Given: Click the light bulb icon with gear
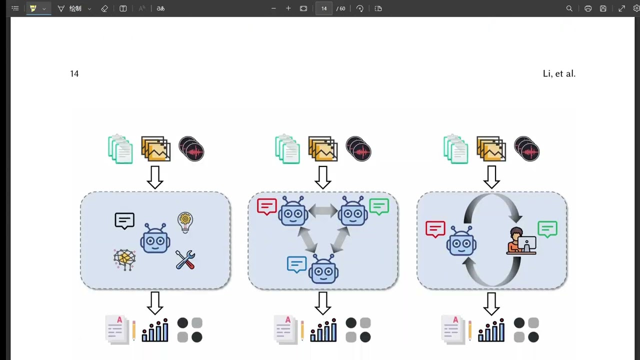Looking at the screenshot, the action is [x=185, y=222].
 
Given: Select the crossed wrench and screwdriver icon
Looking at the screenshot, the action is [x=185, y=259].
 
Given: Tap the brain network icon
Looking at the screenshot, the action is [x=124, y=259].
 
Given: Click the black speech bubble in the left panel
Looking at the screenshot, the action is [x=124, y=220].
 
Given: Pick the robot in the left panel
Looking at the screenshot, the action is [x=155, y=238].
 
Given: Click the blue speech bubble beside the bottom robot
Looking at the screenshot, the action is [x=297, y=264].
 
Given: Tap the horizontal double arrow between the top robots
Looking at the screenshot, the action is [x=323, y=211].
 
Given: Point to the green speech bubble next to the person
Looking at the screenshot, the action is [x=547, y=229].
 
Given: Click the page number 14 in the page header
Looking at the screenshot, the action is [x=74, y=73].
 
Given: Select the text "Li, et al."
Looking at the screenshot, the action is [x=559, y=73].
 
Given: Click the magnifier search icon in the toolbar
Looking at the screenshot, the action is [x=569, y=8].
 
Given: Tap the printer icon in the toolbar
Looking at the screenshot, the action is [x=588, y=8].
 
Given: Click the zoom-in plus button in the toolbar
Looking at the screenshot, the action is [x=288, y=8].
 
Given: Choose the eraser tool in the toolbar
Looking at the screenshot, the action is [x=104, y=8].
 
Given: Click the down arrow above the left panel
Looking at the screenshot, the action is [x=155, y=177].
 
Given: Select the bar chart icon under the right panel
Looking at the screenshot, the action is [x=491, y=330].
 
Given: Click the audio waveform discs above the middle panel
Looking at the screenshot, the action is [x=358, y=149].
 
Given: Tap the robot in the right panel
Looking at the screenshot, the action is [x=461, y=240].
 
